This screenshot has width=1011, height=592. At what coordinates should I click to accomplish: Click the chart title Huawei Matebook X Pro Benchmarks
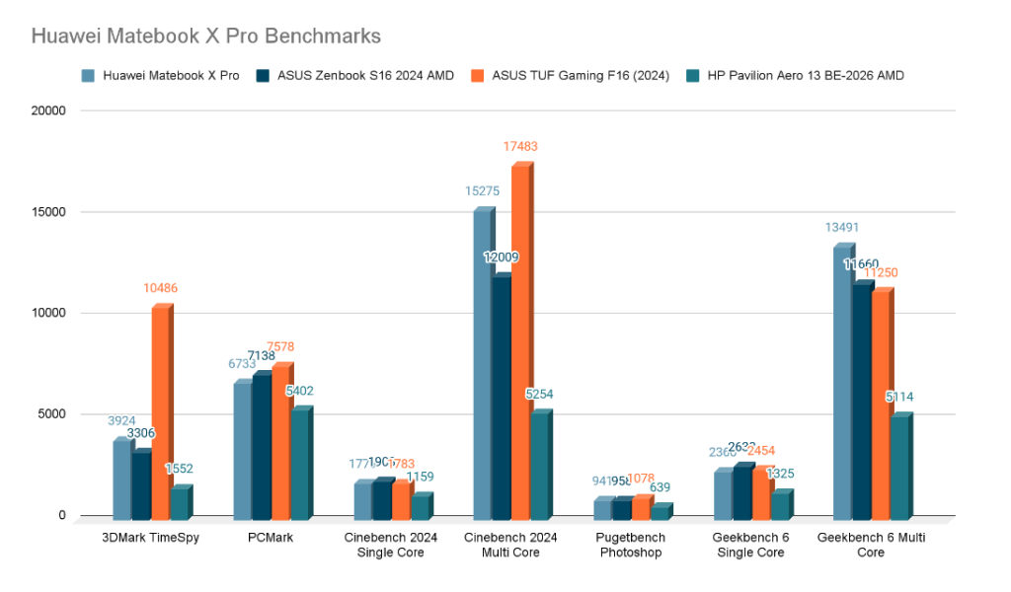205,36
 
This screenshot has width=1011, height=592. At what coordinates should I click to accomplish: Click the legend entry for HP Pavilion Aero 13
805,75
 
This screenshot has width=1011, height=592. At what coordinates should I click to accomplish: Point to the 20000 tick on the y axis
47,111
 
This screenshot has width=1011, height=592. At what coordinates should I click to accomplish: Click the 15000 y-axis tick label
47,212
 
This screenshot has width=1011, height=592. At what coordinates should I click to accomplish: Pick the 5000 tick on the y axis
51,414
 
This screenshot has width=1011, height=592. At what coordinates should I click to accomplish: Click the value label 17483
519,146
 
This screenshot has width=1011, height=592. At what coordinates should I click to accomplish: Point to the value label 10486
159,288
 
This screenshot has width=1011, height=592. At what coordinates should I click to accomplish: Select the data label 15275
483,190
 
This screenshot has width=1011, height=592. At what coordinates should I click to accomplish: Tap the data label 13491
842,228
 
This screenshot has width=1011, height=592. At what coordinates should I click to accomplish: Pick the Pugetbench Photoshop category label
631,545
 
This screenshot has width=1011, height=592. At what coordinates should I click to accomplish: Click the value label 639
660,487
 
